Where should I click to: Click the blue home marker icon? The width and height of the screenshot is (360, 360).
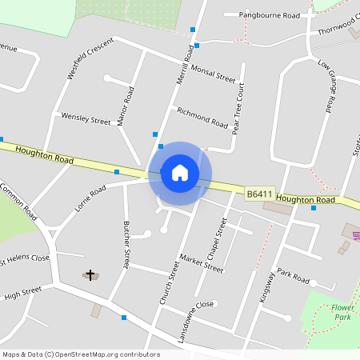point(180,173)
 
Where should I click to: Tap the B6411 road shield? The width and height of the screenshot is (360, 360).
point(259,194)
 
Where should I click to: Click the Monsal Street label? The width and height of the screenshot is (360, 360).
point(214,74)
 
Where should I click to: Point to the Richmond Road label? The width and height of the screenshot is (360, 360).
point(202,118)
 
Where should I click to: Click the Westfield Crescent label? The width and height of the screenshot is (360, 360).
point(90,61)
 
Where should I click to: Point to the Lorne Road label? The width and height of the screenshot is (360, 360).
point(90,198)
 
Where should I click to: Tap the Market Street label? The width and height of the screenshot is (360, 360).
point(202,264)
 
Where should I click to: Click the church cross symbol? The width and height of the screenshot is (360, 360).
point(90,274)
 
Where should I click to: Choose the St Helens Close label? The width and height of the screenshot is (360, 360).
point(25,258)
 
